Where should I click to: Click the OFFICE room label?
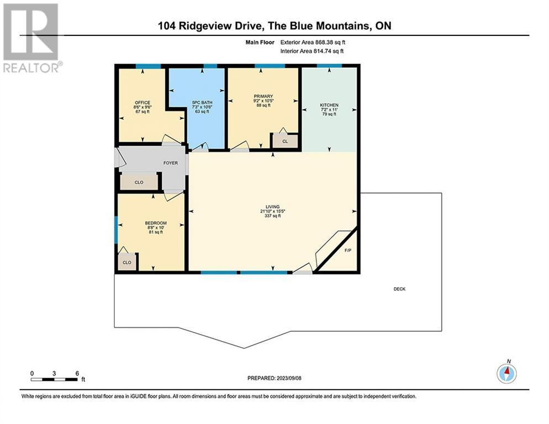[x=142, y=103]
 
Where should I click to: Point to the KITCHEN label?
[x=329, y=105]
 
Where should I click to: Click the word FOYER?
[x=170, y=163]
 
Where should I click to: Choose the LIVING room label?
[x=271, y=206]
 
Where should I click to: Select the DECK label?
[x=399, y=289]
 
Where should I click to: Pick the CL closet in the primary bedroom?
[x=285, y=141]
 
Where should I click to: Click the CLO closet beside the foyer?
[x=139, y=182]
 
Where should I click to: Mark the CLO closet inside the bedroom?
[x=127, y=262]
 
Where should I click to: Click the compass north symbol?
[x=506, y=373]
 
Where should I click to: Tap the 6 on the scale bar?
[x=76, y=373]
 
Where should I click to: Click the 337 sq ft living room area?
[x=271, y=216]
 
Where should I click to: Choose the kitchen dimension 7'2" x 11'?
[x=329, y=110]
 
